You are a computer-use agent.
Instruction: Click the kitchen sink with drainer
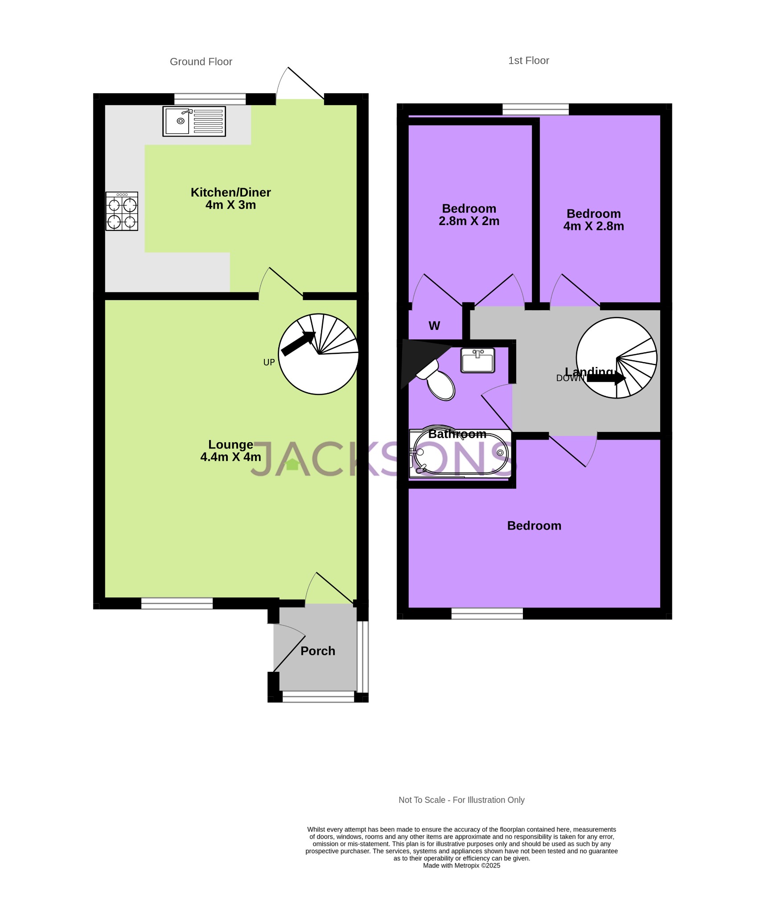(x=194, y=121)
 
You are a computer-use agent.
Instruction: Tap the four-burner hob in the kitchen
(x=122, y=211)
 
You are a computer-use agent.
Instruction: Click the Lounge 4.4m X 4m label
(x=230, y=451)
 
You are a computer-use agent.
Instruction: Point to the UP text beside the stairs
(x=269, y=362)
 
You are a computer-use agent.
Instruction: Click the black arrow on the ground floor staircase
(x=298, y=344)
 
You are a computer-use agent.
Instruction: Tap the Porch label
(x=318, y=651)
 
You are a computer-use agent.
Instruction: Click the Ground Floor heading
(x=201, y=62)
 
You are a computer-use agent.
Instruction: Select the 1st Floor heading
(x=529, y=61)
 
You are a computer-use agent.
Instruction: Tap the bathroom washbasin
(x=478, y=361)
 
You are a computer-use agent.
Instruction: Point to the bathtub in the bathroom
(x=461, y=453)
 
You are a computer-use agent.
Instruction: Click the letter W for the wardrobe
(x=434, y=326)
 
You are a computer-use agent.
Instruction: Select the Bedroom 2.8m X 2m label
(x=469, y=215)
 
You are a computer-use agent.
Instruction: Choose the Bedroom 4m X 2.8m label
(x=593, y=220)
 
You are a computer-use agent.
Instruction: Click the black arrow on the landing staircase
(x=606, y=378)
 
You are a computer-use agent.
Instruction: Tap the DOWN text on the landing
(x=570, y=378)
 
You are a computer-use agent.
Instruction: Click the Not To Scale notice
(x=461, y=800)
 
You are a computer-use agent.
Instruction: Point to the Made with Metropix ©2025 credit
(x=461, y=865)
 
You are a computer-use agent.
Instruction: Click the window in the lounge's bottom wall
(x=177, y=603)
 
